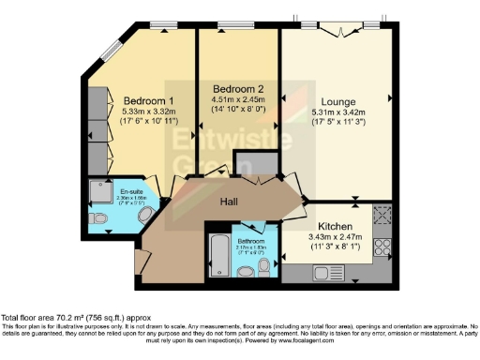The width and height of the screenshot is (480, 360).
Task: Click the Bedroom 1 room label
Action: click(148, 100)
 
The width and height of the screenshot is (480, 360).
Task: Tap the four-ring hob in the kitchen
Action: click(383, 247)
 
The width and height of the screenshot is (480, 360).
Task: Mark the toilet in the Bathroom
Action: click(264, 268)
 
